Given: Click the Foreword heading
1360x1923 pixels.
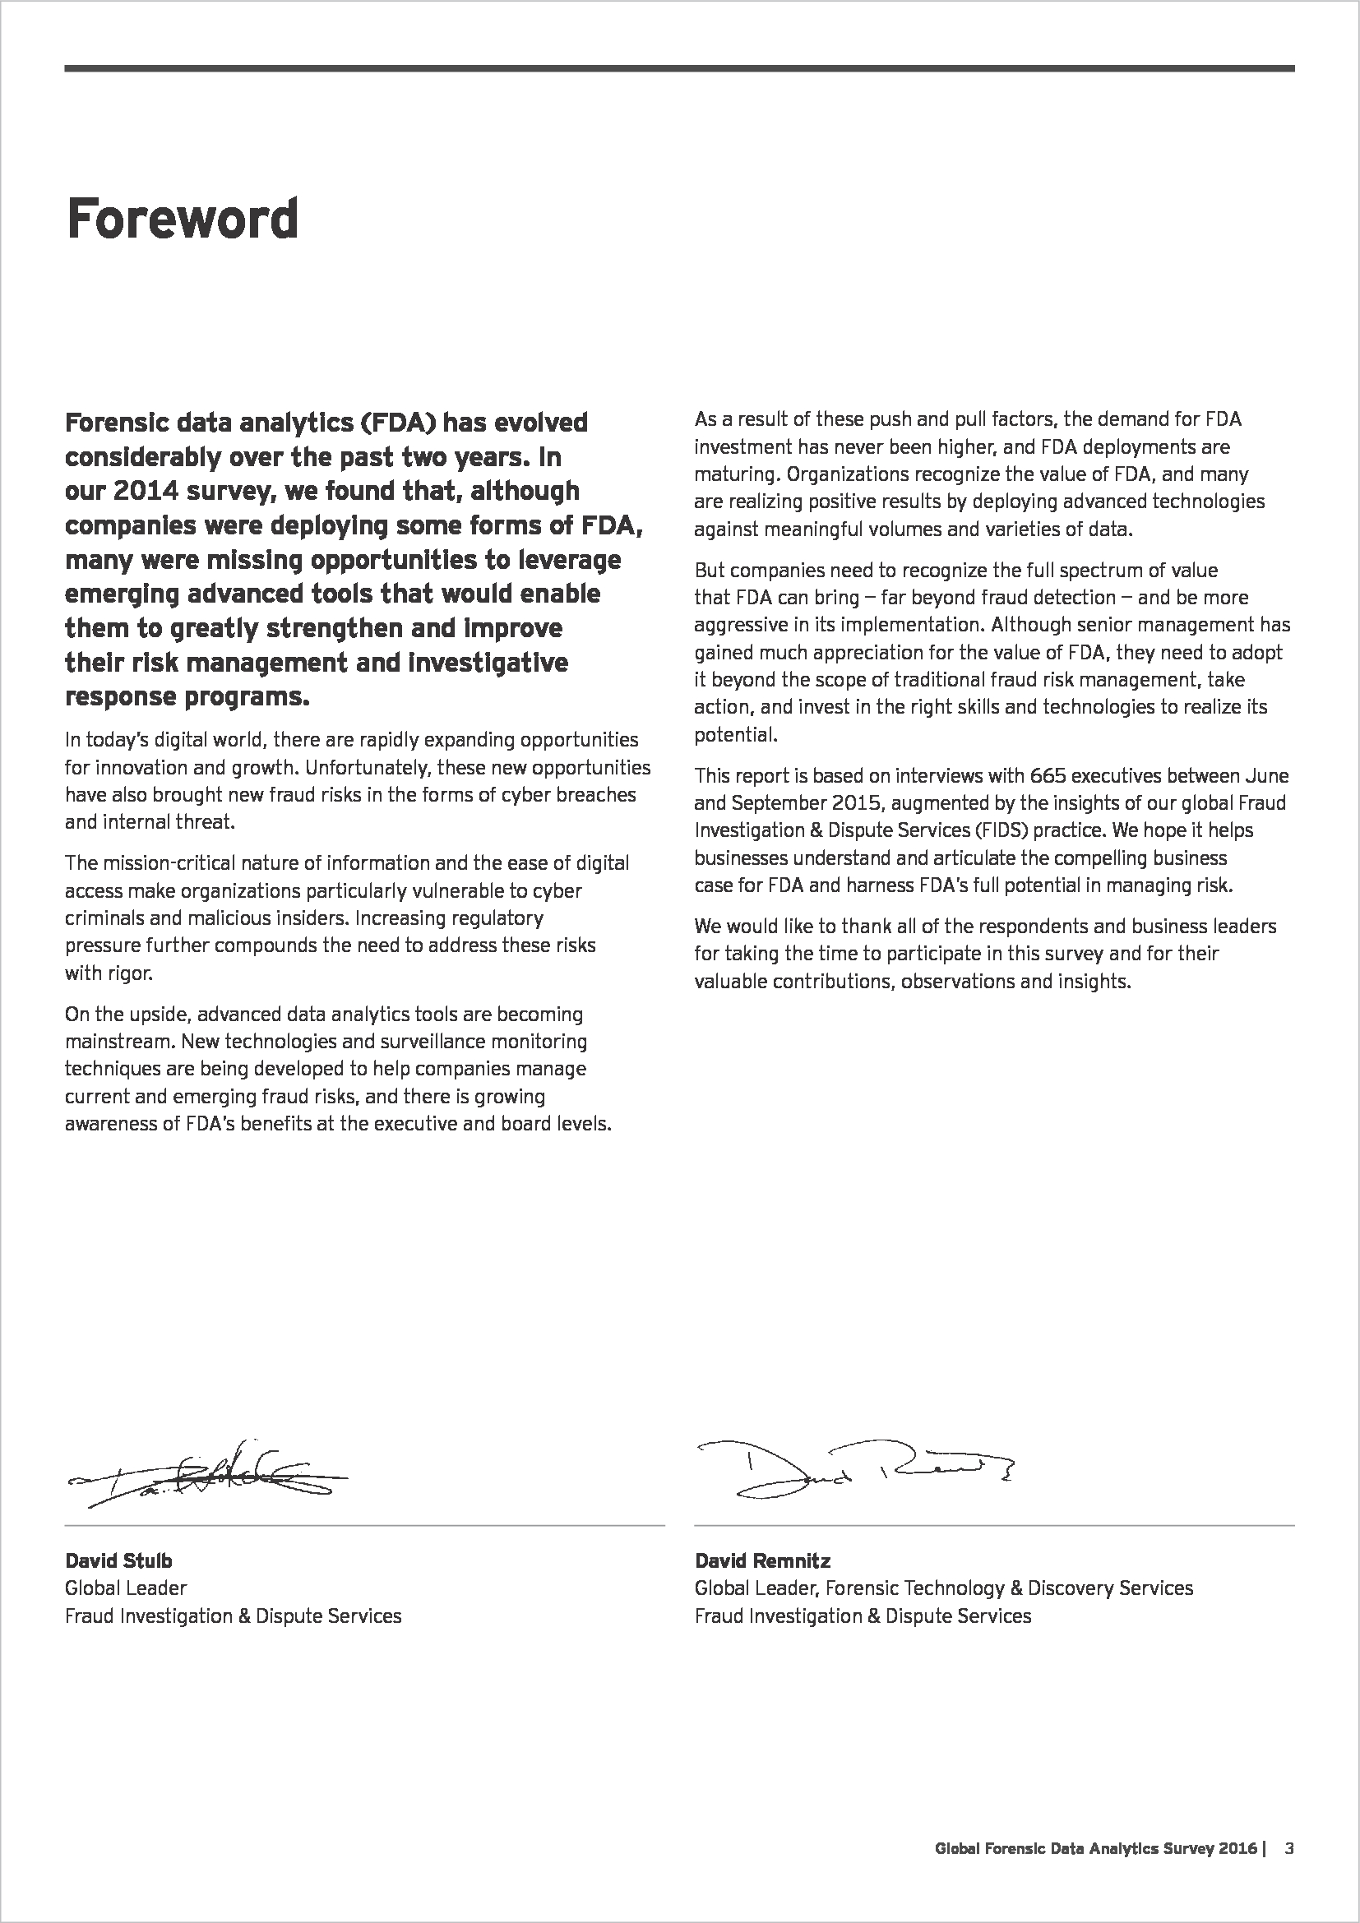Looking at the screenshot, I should click(x=182, y=220).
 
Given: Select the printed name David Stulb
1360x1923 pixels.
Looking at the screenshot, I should click(x=118, y=1560).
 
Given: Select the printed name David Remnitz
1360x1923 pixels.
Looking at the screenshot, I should click(x=762, y=1560).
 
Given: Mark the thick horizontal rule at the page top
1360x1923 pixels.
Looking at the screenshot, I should click(x=679, y=68).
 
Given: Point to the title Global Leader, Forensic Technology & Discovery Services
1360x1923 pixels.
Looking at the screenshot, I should click(x=943, y=1588).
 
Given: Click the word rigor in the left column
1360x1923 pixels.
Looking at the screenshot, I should click(x=130, y=973).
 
